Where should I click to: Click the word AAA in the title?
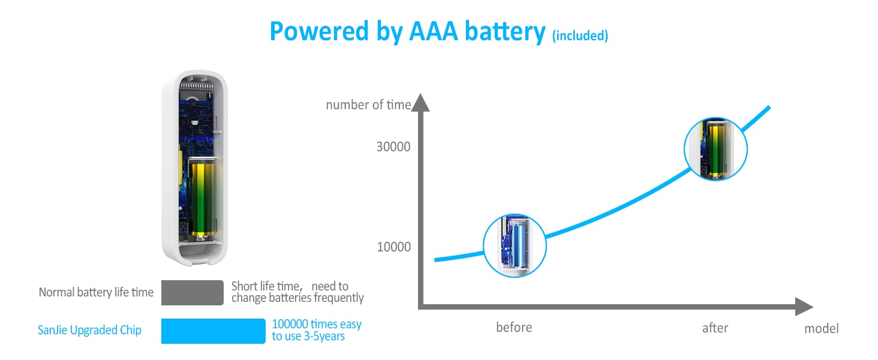438,31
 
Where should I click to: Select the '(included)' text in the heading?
580,35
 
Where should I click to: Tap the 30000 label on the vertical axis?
393,146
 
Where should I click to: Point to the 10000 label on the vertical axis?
393,247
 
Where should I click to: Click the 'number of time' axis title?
368,105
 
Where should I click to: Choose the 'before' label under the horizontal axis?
514,328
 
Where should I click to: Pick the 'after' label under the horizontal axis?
715,328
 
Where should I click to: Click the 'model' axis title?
822,328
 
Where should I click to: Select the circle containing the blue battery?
515,245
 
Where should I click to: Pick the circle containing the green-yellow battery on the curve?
715,149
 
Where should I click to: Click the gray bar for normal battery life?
193,292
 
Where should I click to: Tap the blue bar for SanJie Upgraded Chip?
213,331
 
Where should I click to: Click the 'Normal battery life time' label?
96,292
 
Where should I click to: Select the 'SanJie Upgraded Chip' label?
89,331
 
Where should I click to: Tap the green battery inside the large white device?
202,198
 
